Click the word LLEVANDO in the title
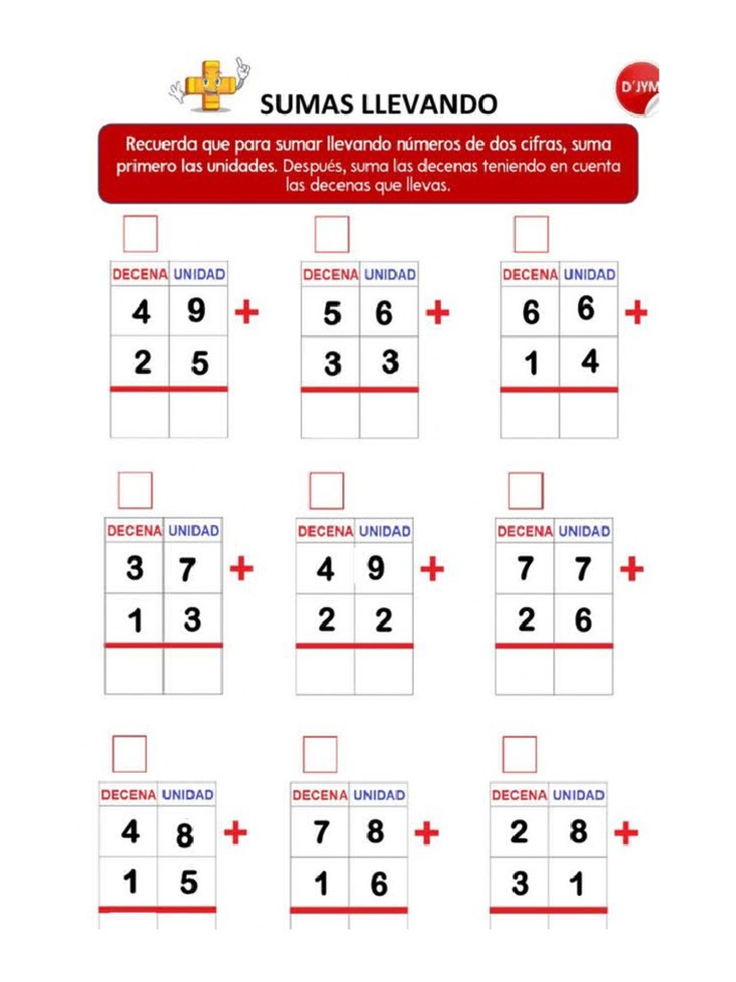point(437,103)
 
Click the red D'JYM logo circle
point(637,89)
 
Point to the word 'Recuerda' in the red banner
point(165,145)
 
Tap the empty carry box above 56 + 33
point(332,234)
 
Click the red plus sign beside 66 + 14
point(635,313)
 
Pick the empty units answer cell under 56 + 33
point(389,414)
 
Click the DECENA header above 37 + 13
point(135,530)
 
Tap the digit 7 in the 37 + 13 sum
point(189,570)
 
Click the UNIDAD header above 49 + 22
point(384,530)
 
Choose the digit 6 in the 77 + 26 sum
point(583,620)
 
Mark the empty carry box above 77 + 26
point(525,491)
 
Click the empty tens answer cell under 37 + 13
point(134,670)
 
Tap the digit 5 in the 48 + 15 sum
point(188,881)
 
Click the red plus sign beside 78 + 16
point(425,832)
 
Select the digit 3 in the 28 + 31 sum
point(519,882)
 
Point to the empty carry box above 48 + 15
point(129,754)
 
